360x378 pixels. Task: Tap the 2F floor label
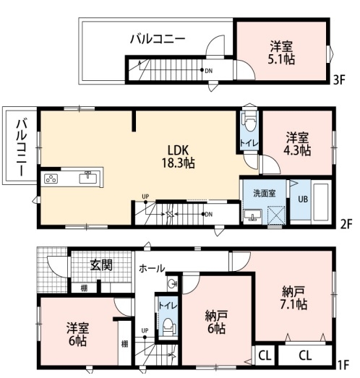tap(345, 223)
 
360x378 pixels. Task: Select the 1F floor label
tap(345, 364)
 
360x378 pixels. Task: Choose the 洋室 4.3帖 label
tap(297, 144)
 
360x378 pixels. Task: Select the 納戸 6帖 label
tap(215, 322)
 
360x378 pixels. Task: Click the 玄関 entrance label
tap(101, 265)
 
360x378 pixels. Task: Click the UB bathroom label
tap(303, 198)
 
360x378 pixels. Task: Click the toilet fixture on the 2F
tap(249, 119)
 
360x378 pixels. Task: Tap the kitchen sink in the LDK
tap(88, 177)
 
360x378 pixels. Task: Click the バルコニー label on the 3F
tap(158, 39)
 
